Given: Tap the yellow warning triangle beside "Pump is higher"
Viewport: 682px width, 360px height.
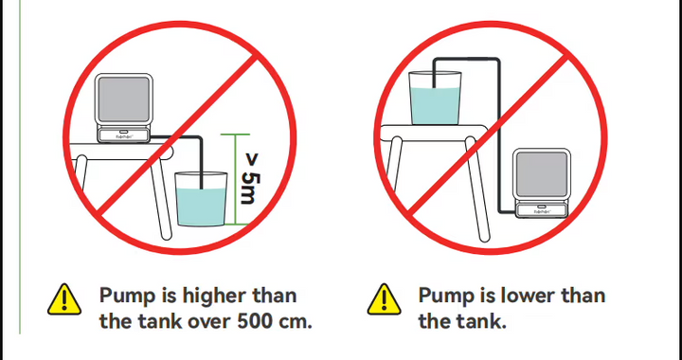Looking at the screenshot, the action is [64, 300].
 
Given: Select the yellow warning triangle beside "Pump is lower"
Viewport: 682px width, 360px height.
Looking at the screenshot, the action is [384, 300].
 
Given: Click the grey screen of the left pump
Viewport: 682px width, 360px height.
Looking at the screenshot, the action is [124, 99].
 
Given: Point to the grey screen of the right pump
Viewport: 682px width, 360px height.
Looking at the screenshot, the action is [542, 174].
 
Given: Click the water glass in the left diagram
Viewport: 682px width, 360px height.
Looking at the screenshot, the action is [201, 199].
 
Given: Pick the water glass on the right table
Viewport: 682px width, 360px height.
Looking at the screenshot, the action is [435, 99].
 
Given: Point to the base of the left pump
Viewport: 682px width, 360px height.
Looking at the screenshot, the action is [123, 135].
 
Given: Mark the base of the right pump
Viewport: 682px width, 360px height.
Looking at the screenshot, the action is [542, 210].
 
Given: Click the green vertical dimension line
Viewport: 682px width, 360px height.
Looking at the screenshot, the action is [236, 179].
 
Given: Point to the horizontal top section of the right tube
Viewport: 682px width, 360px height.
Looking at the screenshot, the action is [466, 59].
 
